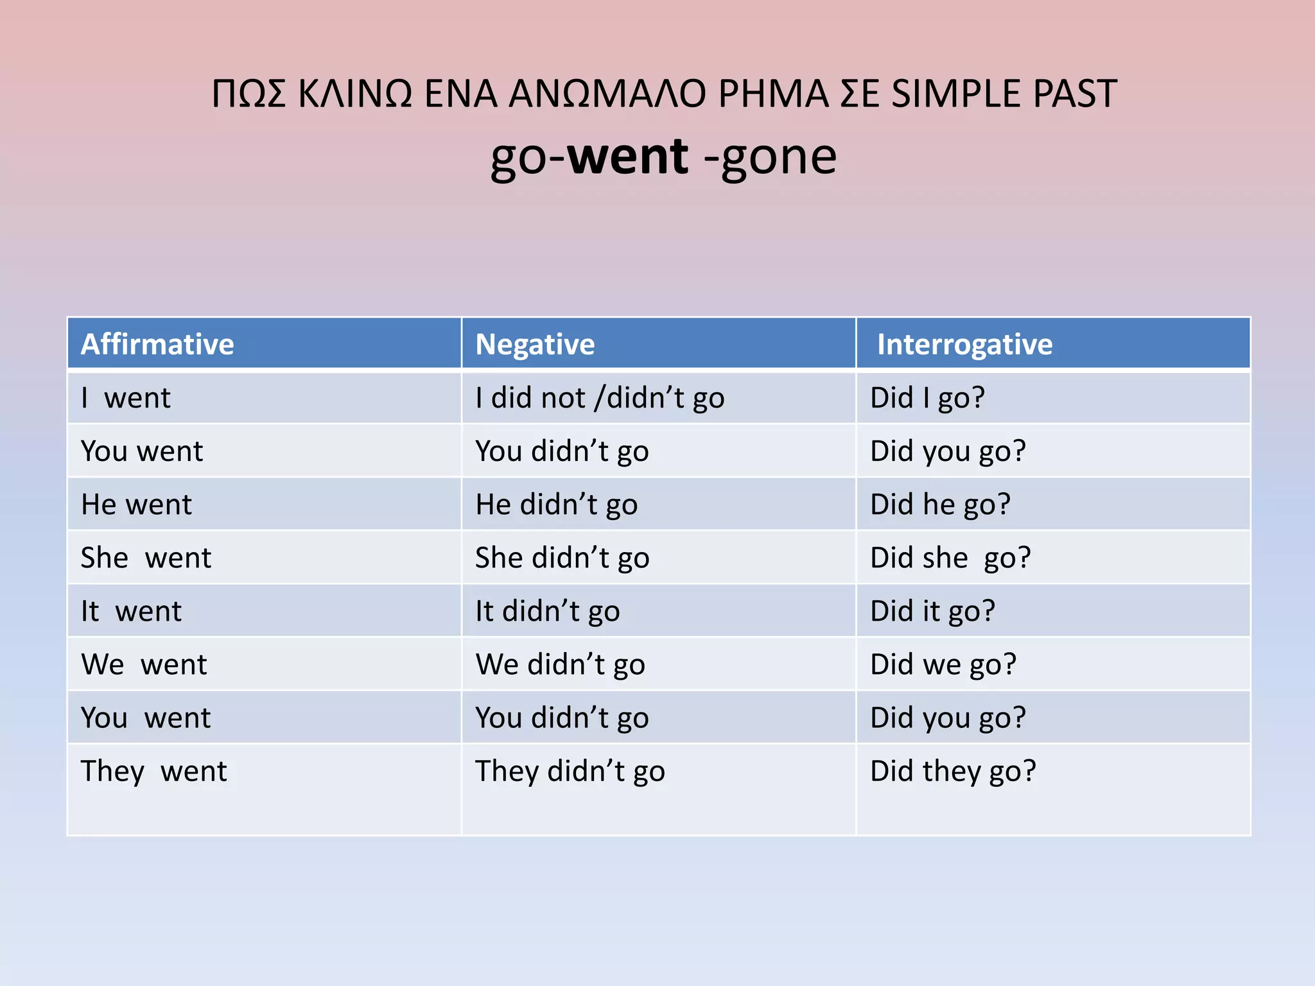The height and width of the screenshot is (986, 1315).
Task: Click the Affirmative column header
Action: pyautogui.click(x=157, y=344)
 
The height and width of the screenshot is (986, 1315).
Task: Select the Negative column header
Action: pyautogui.click(x=535, y=344)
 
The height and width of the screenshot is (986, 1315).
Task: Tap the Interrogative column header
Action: pyautogui.click(x=964, y=344)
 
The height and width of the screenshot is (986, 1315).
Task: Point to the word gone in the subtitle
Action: pyautogui.click(x=779, y=158)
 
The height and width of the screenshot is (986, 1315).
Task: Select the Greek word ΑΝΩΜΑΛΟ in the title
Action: pyautogui.click(x=607, y=94)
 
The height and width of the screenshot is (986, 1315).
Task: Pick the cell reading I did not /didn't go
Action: pyautogui.click(x=600, y=398)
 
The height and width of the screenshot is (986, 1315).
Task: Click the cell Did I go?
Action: pyautogui.click(x=927, y=398)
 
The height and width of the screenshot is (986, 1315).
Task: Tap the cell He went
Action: pyautogui.click(x=136, y=505)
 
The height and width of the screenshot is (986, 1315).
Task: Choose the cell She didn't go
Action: pyautogui.click(x=562, y=558)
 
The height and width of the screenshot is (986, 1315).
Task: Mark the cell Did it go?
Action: pyautogui.click(x=932, y=611)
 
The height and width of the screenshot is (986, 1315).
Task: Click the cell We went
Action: pyautogui.click(x=144, y=664)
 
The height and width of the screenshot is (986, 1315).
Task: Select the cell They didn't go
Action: pyautogui.click(x=570, y=771)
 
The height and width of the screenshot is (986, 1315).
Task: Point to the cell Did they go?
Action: pyautogui.click(x=953, y=771)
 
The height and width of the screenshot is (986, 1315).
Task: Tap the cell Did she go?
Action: pyautogui.click(x=950, y=558)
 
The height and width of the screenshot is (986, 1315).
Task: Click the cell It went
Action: pyautogui.click(x=131, y=611)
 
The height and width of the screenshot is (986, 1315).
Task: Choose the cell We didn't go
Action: pyautogui.click(x=560, y=664)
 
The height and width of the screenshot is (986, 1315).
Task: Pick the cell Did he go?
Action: pyautogui.click(x=940, y=505)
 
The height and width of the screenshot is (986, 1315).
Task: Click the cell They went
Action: pyautogui.click(x=153, y=771)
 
